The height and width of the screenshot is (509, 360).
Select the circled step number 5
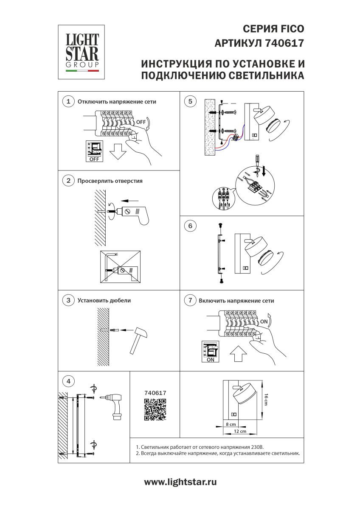pyautogui.click(x=190, y=101)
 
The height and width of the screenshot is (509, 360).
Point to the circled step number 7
pyautogui.click(x=190, y=300)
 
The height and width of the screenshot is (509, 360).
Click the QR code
pyautogui.click(x=155, y=410)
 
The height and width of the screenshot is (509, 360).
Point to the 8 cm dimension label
pyautogui.click(x=231, y=424)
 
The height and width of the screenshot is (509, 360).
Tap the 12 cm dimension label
pyautogui.click(x=240, y=431)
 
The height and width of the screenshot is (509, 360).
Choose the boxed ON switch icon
pyautogui.click(x=210, y=352)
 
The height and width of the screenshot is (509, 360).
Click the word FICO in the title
pyautogui.click(x=292, y=29)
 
